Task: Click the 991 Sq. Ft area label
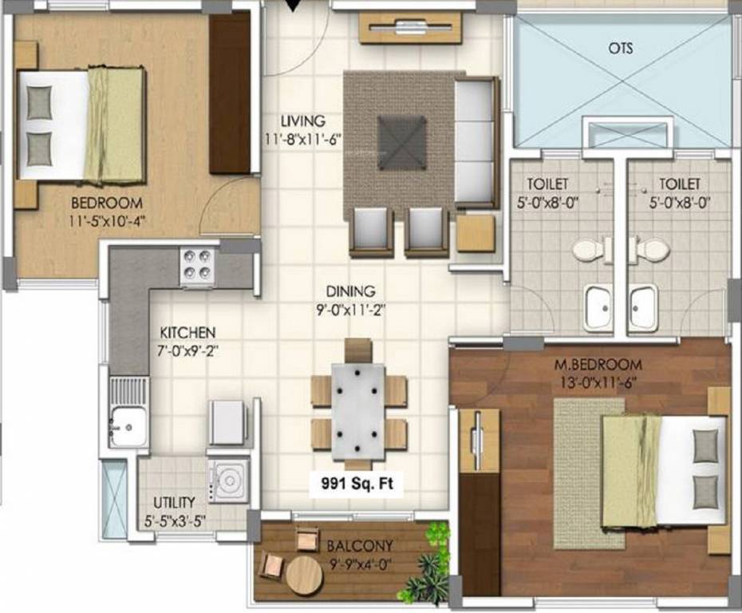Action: tap(357, 483)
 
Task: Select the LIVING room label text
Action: tap(302, 121)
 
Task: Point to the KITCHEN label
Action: tap(187, 331)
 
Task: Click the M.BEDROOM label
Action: tap(598, 365)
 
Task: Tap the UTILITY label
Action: tap(174, 502)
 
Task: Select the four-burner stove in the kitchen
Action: tap(197, 265)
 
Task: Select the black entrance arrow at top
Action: tap(295, 7)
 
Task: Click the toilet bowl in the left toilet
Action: tap(588, 250)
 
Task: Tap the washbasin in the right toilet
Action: tap(643, 306)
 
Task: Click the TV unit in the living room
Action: tap(410, 28)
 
